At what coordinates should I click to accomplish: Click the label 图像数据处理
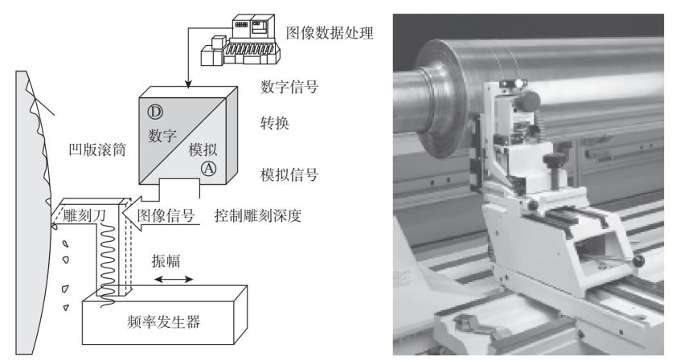click(x=330, y=33)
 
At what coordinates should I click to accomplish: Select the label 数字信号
click(x=289, y=87)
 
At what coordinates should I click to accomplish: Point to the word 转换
click(x=275, y=123)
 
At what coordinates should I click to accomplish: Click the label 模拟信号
click(x=289, y=174)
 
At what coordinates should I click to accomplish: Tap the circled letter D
click(x=155, y=112)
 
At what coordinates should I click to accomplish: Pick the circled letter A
click(x=209, y=168)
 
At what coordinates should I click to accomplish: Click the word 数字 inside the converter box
click(x=162, y=136)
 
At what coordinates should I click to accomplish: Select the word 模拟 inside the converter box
click(x=203, y=149)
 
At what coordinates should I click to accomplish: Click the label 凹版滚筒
click(x=97, y=149)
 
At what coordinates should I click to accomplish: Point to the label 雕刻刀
click(x=84, y=215)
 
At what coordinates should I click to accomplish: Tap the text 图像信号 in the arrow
click(x=166, y=215)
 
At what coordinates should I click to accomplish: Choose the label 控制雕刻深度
click(x=258, y=215)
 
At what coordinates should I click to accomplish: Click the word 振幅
click(x=166, y=261)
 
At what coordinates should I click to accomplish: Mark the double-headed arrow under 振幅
click(x=174, y=280)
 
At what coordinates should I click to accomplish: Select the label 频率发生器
click(x=164, y=321)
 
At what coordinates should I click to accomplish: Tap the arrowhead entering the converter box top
click(x=187, y=84)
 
